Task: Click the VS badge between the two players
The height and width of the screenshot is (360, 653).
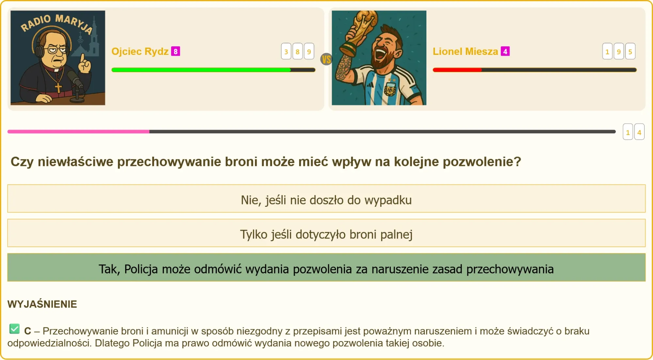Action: [x=326, y=59]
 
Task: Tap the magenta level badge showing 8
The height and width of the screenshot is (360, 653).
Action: [x=176, y=51]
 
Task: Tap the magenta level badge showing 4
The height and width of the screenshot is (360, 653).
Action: [x=505, y=51]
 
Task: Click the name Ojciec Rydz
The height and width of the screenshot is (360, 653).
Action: [x=140, y=51]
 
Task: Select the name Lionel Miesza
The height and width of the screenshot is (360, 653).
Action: [x=465, y=51]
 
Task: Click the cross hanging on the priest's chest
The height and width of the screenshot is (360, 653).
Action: [x=58, y=88]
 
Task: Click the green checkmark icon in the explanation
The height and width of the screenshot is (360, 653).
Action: [x=14, y=329]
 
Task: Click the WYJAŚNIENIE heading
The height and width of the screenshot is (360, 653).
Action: [x=42, y=304]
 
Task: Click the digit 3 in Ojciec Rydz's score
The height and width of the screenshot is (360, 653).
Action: [x=286, y=51]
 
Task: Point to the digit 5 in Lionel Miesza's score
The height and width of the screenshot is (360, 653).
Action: [x=630, y=51]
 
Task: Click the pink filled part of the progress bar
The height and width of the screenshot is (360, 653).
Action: [x=78, y=132]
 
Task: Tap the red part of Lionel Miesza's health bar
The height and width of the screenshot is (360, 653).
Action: [x=457, y=70]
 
